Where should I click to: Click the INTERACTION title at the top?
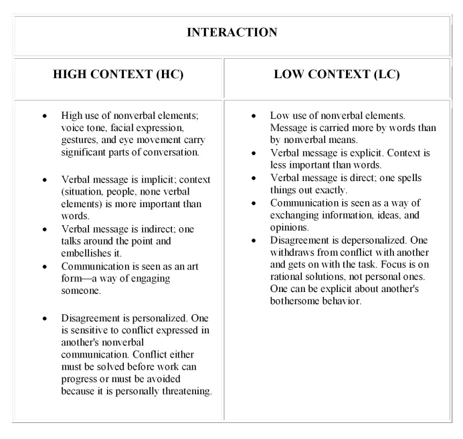tap(231, 32)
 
